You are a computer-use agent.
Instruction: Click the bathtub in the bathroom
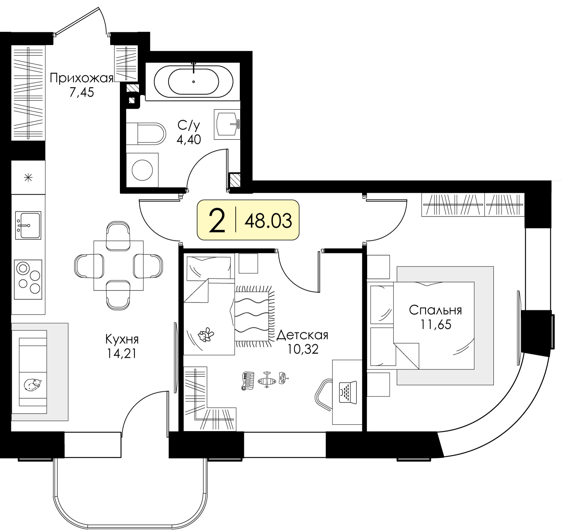pos(193,81)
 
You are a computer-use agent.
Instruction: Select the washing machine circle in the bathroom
pos(142,170)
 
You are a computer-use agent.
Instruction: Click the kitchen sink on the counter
pos(28,225)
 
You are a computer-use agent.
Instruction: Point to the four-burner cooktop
pos(28,280)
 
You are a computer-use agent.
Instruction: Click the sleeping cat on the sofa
pos(33,385)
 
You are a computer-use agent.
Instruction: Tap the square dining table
pos(118,265)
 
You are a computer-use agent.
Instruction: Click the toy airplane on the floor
pos(266,379)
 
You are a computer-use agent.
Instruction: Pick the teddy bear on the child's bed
pos(206,334)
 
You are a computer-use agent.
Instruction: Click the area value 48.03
pos(268,221)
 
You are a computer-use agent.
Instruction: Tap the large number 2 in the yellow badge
pos(217,220)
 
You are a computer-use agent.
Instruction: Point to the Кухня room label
pos(122,339)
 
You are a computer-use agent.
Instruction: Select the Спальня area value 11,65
pos(435,324)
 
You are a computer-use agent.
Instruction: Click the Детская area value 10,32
pos(303,349)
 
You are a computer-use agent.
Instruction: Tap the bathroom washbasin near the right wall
pos(227,124)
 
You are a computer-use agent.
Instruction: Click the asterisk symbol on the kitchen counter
pos(28,178)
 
